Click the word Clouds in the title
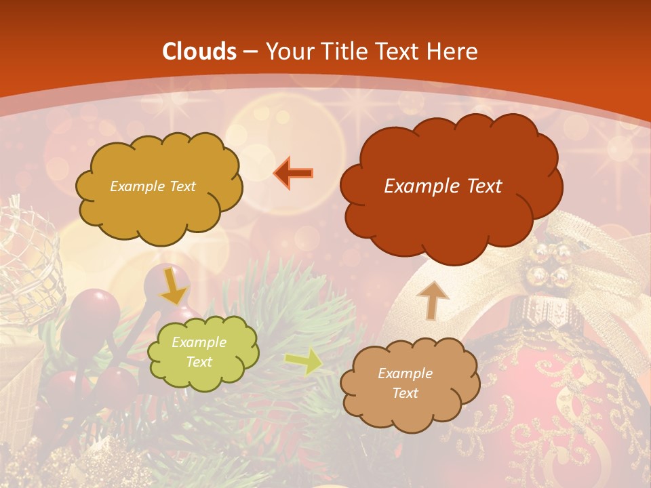pos(199,52)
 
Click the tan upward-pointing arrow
pos(432,300)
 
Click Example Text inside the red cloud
pos(443,186)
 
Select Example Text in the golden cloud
pos(153,186)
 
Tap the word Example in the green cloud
pos(199,342)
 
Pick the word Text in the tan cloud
pos(405,393)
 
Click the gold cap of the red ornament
pos(542,312)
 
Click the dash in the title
pos(250,52)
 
